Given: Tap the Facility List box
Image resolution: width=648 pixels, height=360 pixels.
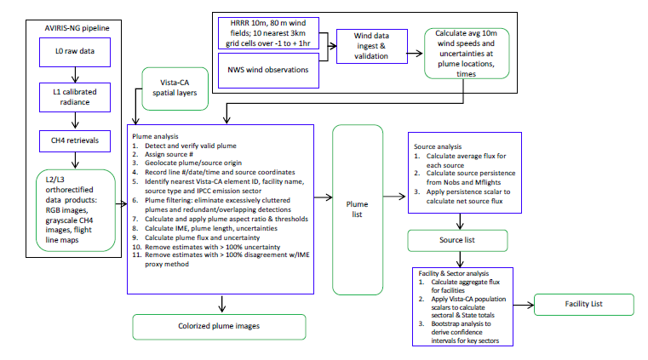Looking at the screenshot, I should coord(583,303).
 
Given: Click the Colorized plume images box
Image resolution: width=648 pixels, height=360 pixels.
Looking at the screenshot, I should coord(220,325).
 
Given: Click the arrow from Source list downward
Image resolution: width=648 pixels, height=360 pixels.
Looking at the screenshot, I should coord(461,259).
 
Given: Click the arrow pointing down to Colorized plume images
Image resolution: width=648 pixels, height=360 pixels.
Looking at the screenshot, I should coord(220,300).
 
